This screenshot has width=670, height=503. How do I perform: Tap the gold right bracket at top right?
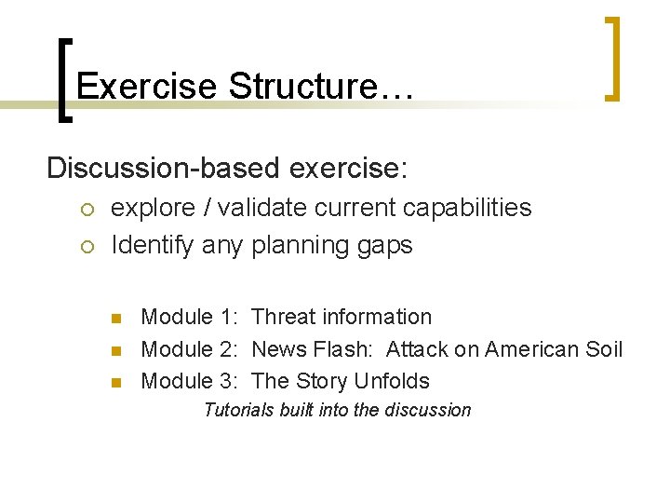point(611,58)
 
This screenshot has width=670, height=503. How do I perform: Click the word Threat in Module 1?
point(283,318)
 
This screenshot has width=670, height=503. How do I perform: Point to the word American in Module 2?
point(533,349)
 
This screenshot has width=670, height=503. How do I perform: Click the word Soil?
point(604,349)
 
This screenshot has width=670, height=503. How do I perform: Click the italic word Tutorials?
point(239,410)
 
